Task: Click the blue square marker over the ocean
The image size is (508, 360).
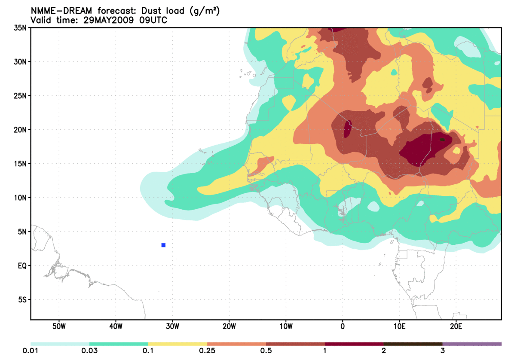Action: pos(163,245)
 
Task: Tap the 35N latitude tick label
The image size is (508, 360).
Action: pos(20,28)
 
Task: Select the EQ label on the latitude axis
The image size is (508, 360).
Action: pos(22,266)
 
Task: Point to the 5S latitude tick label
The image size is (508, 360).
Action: pos(22,300)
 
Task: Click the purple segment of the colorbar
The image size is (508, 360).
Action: pos(472,344)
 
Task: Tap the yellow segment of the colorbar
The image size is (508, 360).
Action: pos(177,344)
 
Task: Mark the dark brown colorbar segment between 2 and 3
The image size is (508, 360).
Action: pos(413,344)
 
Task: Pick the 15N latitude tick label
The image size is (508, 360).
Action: pos(20,164)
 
